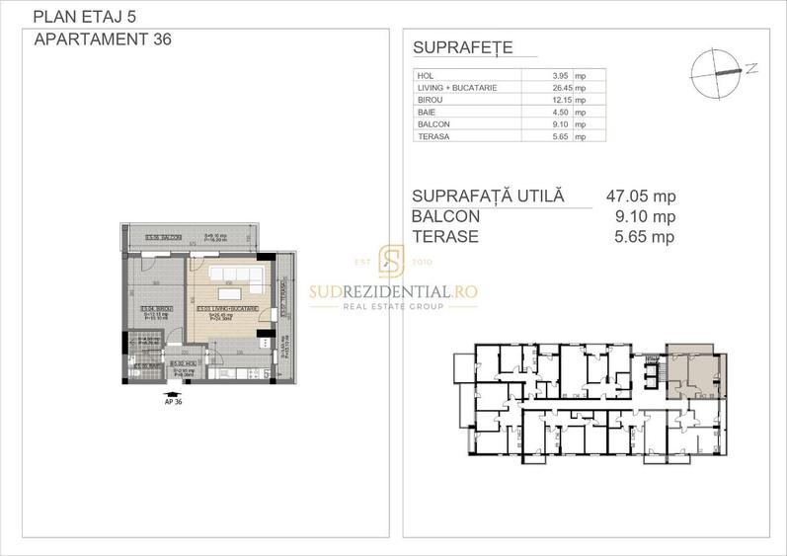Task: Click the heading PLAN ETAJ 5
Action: point(70,17)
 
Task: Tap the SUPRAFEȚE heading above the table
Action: point(460,49)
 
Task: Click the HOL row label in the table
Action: point(428,75)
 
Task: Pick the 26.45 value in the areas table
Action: point(563,88)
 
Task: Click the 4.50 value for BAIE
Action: point(566,113)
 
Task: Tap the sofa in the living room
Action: point(233,273)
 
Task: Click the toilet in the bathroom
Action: point(138,374)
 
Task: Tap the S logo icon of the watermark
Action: point(392,263)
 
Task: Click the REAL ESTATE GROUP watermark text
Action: point(393,307)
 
